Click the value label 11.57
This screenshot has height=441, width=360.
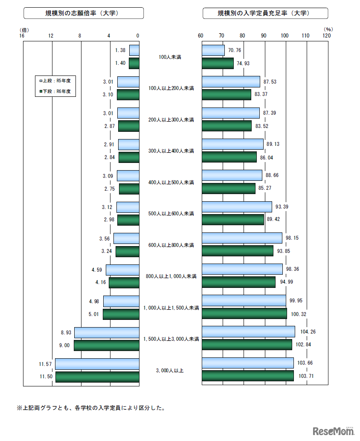point(45,364)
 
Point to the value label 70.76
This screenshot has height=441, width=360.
point(235,50)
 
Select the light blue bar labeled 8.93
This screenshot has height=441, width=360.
point(107,333)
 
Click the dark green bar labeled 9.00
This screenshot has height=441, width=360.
point(106,345)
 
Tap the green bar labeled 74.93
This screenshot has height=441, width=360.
point(218,63)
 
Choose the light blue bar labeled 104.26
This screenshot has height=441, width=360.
point(248,331)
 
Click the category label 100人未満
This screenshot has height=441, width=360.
point(170,57)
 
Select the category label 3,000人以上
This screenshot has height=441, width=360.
point(170,370)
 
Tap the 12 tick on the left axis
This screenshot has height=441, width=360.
point(51,36)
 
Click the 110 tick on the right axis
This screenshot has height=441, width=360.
point(305,36)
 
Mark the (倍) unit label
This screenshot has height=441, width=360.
point(24,29)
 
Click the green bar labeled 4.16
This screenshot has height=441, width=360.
point(124,282)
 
